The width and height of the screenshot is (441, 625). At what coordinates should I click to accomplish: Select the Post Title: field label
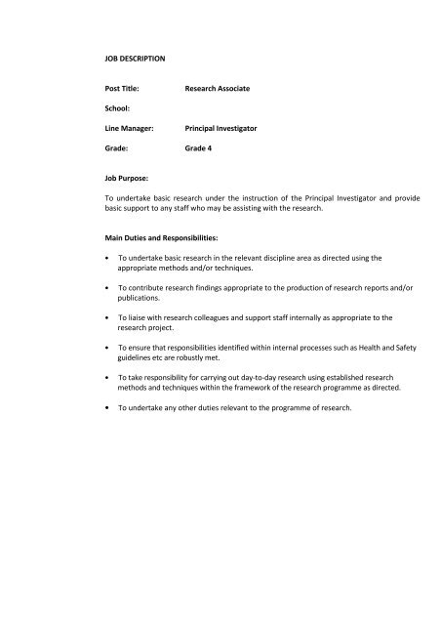click(126, 89)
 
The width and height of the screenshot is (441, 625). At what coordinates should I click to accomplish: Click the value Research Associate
click(218, 89)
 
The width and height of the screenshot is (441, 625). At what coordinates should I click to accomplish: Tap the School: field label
click(120, 108)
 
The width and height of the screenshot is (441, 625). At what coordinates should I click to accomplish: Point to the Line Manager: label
click(133, 128)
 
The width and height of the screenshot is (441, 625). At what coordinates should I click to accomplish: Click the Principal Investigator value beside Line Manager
click(225, 128)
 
